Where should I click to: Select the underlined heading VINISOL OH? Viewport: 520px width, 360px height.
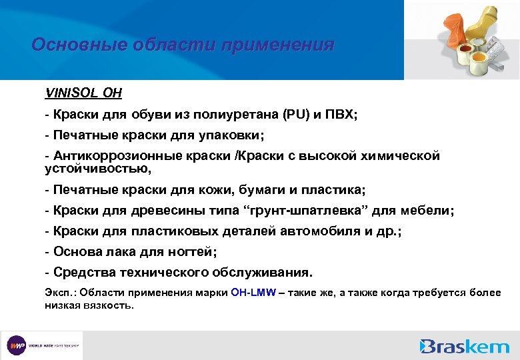tap(83, 93)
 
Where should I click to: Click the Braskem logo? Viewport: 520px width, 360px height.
tap(464, 346)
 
